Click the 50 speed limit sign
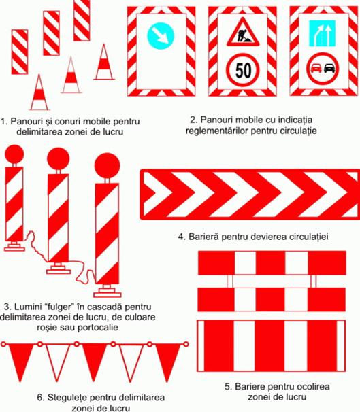point(243,70)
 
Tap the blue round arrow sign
point(161,36)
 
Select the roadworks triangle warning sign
point(243,33)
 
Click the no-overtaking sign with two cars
point(323,69)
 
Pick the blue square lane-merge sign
point(322,33)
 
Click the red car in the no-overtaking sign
point(316,69)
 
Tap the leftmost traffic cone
point(39,92)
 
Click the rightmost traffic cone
point(104,62)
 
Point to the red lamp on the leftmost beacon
point(14,154)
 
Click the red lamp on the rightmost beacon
point(108,166)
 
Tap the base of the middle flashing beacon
point(59,269)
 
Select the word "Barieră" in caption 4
point(203,237)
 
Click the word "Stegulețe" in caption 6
point(69,398)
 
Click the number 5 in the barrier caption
point(227,387)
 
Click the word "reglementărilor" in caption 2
point(216,131)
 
